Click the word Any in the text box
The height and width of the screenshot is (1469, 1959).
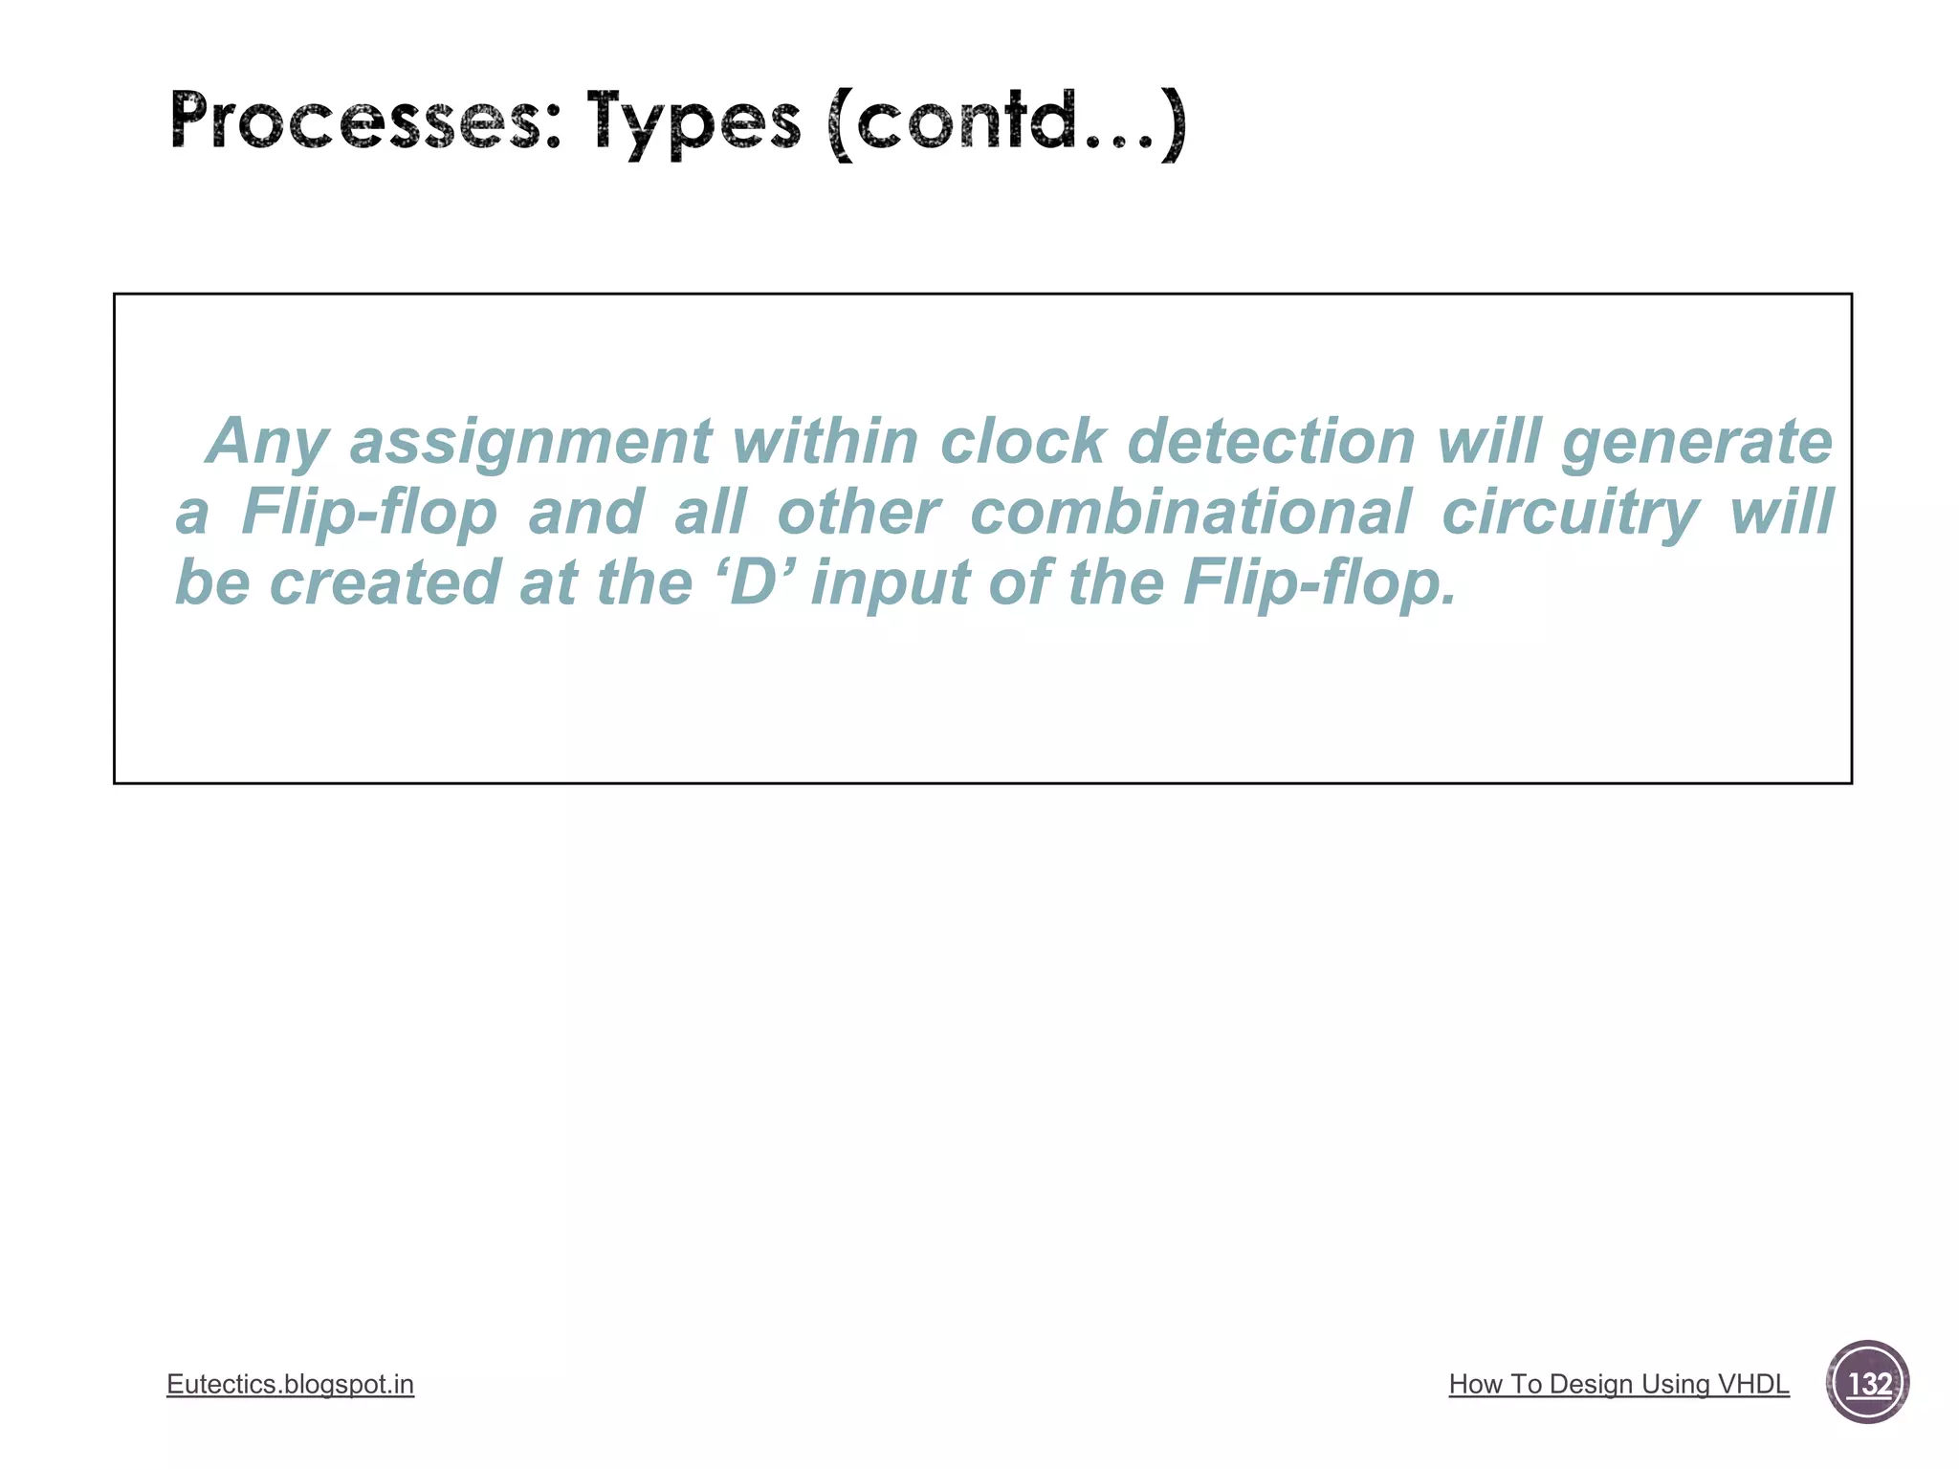click(x=267, y=442)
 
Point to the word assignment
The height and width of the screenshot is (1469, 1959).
click(x=530, y=442)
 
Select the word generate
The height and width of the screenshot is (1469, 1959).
click(x=1697, y=442)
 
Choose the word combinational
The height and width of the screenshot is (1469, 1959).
click(x=1190, y=512)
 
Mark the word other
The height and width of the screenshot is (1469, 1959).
click(x=858, y=512)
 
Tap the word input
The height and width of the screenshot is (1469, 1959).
click(x=890, y=583)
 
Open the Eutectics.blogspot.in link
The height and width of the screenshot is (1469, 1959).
click(x=290, y=1384)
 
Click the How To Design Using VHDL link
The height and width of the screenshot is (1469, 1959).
click(x=1618, y=1384)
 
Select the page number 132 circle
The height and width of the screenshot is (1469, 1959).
click(x=1867, y=1383)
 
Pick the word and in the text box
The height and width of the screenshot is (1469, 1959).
click(x=585, y=512)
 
